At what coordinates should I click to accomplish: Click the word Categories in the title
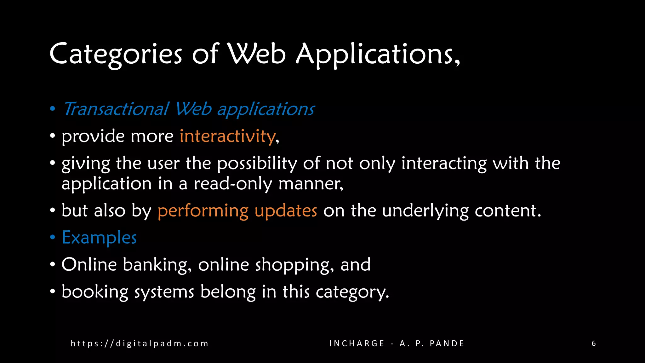116,54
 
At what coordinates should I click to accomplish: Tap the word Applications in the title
377,54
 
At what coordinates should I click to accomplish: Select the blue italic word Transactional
116,109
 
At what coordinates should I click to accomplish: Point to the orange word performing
203,210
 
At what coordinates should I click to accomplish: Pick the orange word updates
286,210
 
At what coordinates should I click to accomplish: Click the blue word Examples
99,237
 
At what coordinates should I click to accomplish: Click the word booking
95,291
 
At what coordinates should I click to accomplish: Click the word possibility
257,163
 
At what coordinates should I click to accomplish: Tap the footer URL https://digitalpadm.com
140,343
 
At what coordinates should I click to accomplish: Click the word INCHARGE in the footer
357,343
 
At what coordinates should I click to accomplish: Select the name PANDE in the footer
447,343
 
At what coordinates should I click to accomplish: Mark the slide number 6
594,343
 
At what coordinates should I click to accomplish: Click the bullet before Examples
53,237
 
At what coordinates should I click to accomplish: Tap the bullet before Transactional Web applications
53,109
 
